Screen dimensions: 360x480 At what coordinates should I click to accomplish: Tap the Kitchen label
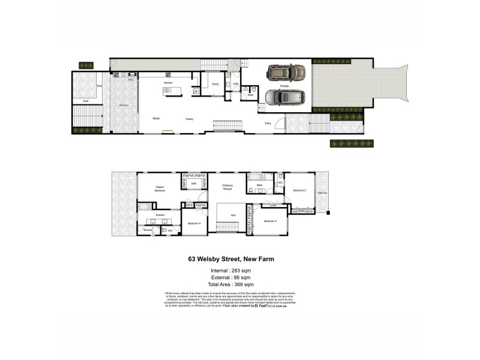click(169, 82)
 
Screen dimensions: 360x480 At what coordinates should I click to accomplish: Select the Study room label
click(215, 84)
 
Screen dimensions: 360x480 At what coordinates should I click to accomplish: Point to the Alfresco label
click(124, 106)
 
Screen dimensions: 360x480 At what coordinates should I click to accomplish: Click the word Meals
click(156, 118)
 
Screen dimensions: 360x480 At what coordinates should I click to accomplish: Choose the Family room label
click(190, 118)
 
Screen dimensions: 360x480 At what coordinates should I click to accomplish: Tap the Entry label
click(268, 123)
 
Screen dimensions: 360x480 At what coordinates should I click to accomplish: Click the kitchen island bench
click(172, 91)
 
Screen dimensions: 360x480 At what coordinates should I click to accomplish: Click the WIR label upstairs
click(193, 182)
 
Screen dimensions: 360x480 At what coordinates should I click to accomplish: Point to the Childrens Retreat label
click(227, 188)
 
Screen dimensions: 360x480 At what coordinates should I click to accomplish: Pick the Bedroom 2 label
click(300, 190)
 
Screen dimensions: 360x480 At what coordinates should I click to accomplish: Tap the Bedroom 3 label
click(271, 221)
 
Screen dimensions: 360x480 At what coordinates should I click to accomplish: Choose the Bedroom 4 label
click(193, 223)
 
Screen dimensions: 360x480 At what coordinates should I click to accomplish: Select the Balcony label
click(322, 193)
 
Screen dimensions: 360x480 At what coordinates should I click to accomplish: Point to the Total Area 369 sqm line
click(231, 284)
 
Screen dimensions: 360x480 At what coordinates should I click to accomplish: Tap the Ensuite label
click(160, 214)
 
